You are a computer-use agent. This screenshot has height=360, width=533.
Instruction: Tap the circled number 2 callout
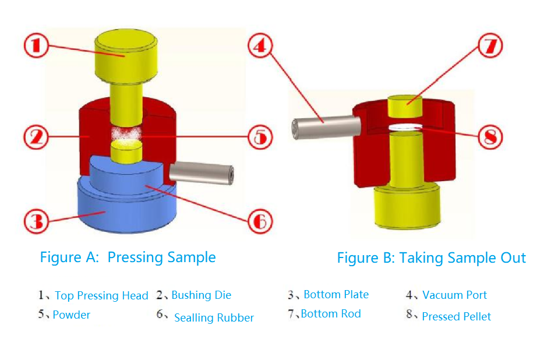tap(38, 138)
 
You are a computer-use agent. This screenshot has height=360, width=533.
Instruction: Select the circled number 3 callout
tap(38, 221)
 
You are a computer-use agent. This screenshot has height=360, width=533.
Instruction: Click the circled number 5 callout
tap(259, 138)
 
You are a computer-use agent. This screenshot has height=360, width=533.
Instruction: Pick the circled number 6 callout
tap(260, 221)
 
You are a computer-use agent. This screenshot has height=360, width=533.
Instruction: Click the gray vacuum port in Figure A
tap(201, 173)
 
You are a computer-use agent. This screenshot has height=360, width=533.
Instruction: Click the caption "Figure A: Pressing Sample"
tap(128, 257)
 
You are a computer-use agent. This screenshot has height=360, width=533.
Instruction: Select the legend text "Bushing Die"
tap(201, 295)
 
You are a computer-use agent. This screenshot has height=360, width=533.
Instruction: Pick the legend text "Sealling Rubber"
tap(214, 318)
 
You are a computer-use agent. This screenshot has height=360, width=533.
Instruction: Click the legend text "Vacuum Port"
tap(454, 295)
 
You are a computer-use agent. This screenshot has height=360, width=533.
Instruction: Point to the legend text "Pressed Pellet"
tap(456, 317)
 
